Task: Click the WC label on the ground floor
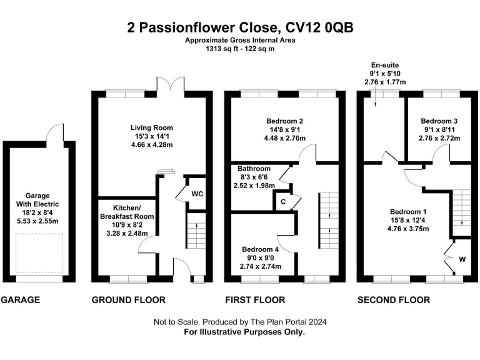pos(197,194)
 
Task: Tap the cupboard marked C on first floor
pos(283,201)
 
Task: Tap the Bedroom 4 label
pos(261,249)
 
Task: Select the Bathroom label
pos(254,169)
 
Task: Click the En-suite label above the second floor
pos(385,64)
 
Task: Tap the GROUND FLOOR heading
pos(129,300)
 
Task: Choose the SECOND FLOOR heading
pos(394,300)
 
